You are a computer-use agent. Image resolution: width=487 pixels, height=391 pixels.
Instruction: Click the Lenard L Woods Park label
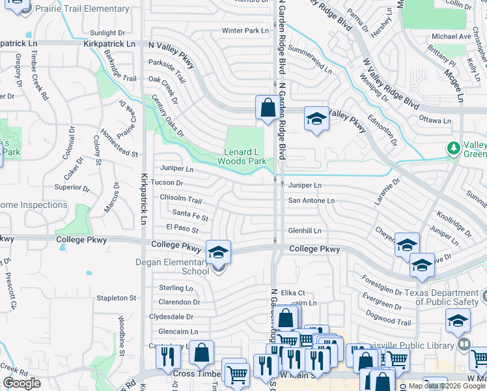click(242, 156)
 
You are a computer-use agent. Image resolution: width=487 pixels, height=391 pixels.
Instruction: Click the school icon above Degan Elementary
click(218, 252)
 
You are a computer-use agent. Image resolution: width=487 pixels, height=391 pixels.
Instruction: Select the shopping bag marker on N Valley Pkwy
click(268, 108)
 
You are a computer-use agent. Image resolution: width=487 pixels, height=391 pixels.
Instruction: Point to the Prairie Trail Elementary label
click(83, 9)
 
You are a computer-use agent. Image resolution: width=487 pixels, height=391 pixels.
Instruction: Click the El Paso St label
click(182, 229)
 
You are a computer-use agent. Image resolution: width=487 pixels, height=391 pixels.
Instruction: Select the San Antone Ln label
click(311, 201)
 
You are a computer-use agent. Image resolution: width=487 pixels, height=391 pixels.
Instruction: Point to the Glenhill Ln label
click(305, 231)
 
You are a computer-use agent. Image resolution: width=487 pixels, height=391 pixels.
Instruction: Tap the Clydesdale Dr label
click(171, 317)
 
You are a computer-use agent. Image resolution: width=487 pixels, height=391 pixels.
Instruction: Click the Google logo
click(21, 383)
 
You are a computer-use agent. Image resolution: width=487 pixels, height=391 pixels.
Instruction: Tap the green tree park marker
click(453, 149)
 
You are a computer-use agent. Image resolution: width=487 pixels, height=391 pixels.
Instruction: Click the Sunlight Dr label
click(107, 33)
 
